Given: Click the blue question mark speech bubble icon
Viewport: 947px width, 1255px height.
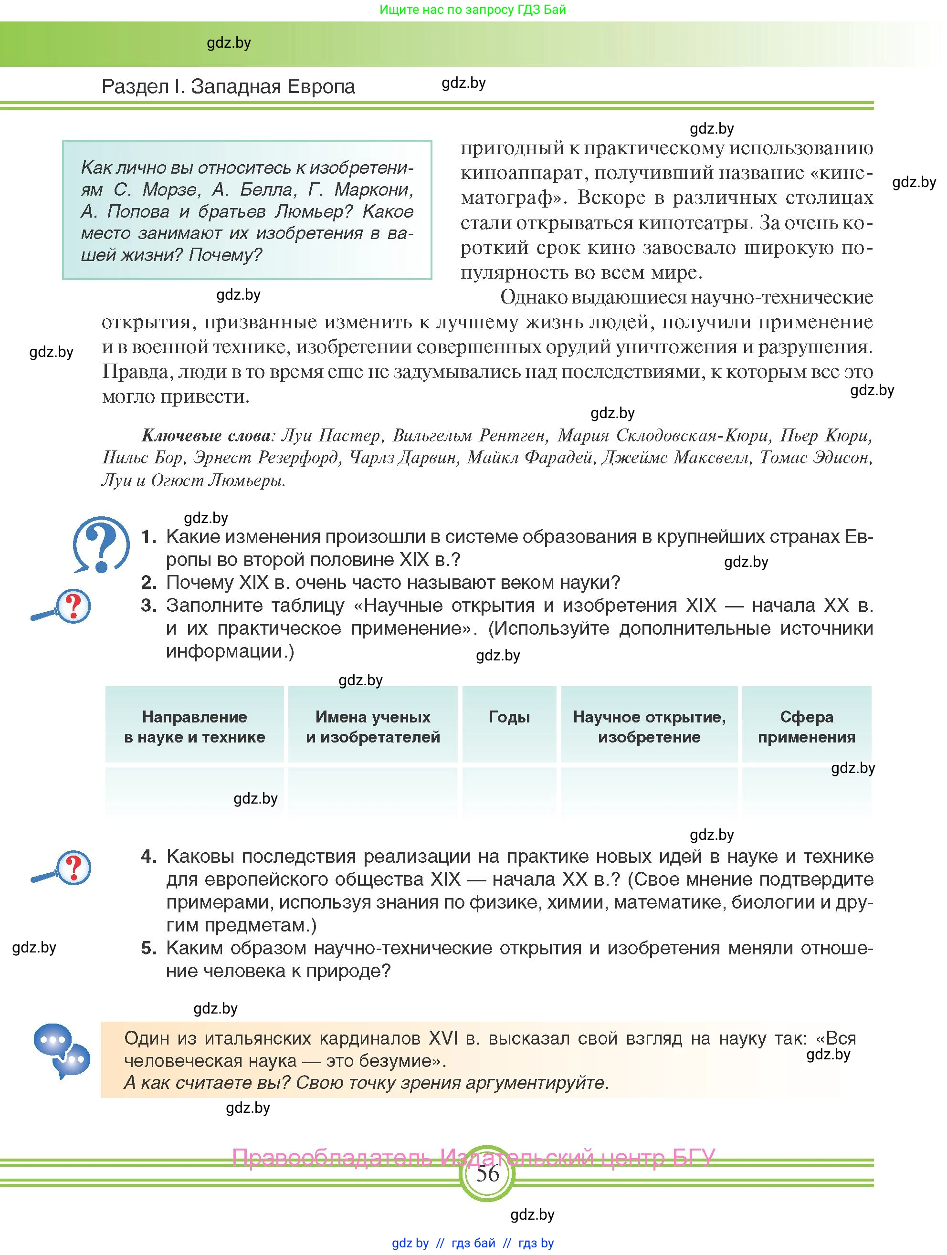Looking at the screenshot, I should click(x=101, y=544).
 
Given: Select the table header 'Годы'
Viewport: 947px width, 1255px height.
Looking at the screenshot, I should click(x=509, y=717).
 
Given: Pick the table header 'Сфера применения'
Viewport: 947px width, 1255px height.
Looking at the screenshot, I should click(x=806, y=727).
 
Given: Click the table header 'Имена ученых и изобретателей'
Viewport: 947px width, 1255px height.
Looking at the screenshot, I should click(x=373, y=727).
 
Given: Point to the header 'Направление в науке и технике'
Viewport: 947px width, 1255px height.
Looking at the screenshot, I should click(x=195, y=727).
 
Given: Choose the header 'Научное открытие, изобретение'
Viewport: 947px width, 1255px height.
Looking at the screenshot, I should click(x=649, y=727).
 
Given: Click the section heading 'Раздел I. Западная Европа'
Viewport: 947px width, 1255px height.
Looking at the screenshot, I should click(x=228, y=86).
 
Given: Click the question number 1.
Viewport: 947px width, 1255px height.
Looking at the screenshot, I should click(x=148, y=536).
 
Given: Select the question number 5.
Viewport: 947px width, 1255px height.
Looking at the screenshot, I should click(x=148, y=948).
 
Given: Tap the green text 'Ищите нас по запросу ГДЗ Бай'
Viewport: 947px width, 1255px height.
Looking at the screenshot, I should click(x=473, y=10).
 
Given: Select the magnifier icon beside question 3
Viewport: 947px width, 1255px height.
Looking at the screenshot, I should click(x=61, y=607).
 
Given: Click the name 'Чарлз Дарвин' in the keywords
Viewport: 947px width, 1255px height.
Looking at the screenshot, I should click(x=402, y=458).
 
